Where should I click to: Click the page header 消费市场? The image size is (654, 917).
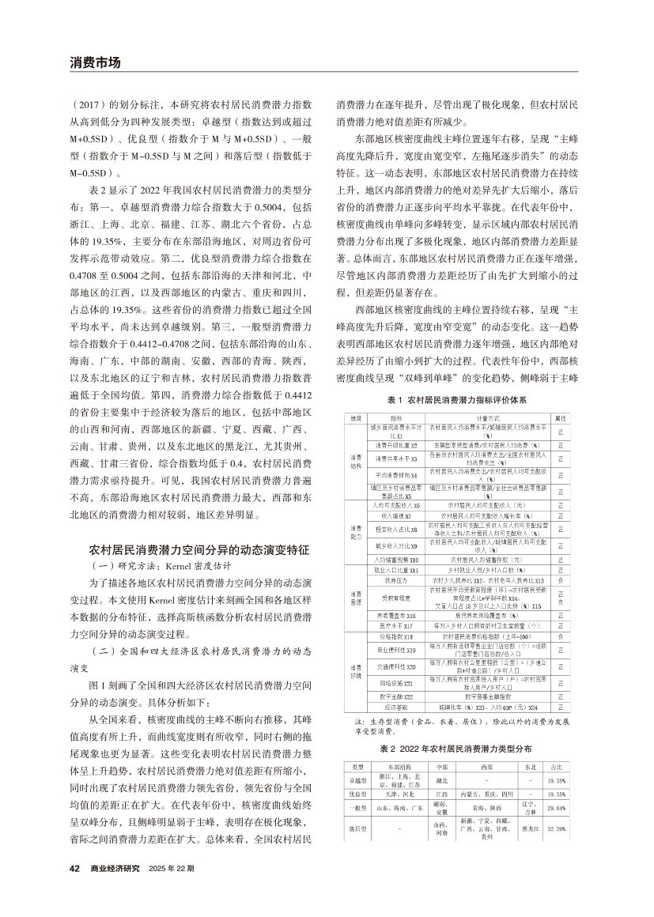point(95,62)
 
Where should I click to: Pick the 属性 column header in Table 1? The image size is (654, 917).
point(560,417)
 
